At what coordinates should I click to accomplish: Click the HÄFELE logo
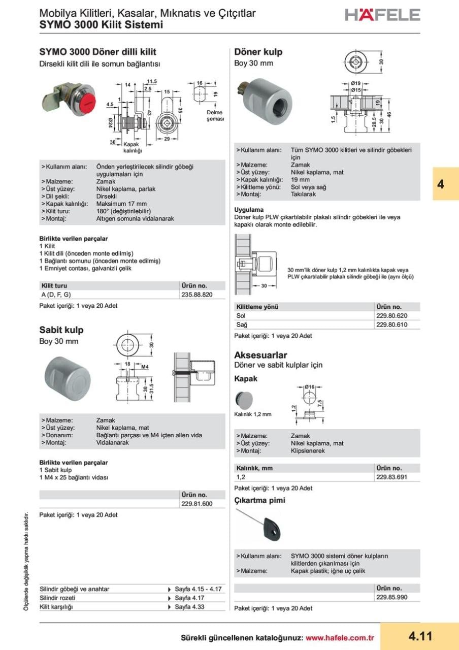382,14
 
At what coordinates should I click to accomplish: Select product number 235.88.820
196,295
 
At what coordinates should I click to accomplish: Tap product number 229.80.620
392,316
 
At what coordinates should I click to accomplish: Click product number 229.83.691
391,477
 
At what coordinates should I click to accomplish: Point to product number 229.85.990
391,598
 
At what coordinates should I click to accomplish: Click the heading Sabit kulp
61,330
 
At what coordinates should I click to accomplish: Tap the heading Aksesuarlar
260,355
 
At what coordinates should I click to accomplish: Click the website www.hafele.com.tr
340,637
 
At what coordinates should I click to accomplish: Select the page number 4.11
420,636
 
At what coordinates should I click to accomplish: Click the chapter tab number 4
440,184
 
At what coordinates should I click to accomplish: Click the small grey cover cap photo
244,401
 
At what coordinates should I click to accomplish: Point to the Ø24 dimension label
111,123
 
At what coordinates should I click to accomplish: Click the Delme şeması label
214,116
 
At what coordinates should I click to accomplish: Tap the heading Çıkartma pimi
259,500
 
